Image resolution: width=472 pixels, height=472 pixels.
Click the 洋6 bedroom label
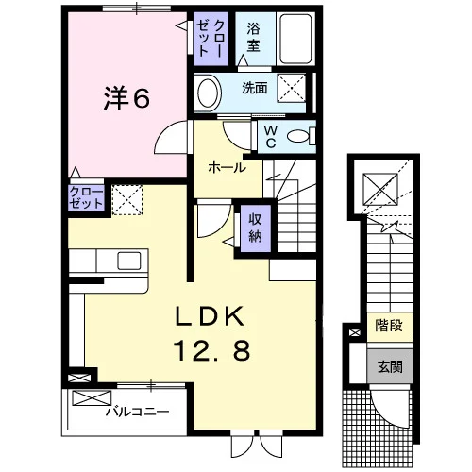point(126,98)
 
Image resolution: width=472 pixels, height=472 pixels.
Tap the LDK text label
point(210,315)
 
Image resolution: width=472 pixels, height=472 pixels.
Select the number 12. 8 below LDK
point(211,350)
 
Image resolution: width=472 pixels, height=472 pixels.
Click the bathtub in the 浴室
point(295,39)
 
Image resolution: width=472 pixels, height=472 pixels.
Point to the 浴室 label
point(253,37)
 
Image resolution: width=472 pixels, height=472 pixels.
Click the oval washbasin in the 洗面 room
point(208,93)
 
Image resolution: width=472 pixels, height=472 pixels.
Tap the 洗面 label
point(255,88)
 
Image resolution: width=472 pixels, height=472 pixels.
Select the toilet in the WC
point(300,137)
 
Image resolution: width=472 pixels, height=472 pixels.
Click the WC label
point(270,137)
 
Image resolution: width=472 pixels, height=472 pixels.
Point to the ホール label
point(227,167)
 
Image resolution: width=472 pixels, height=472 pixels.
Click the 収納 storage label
point(255,228)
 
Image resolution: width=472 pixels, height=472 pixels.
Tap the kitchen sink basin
point(129,261)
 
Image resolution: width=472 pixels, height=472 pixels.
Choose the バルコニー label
point(137,412)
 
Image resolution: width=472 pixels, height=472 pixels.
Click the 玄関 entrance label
point(390,366)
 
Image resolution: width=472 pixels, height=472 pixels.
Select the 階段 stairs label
point(389,325)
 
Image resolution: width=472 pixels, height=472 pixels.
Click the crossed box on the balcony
point(92,397)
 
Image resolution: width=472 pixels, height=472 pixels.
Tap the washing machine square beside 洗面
point(292,88)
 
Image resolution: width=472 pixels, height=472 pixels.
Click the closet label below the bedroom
point(86,197)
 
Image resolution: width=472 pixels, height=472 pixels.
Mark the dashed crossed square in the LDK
point(127,200)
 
